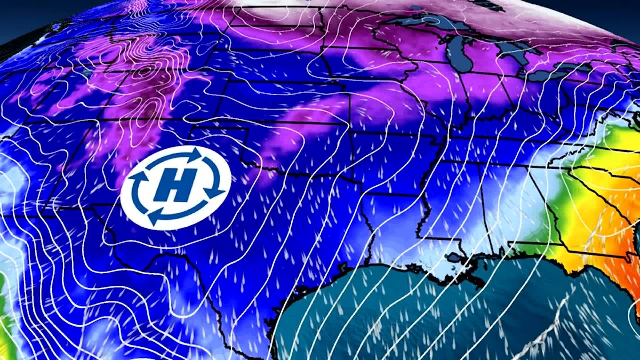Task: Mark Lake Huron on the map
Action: (513, 50)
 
